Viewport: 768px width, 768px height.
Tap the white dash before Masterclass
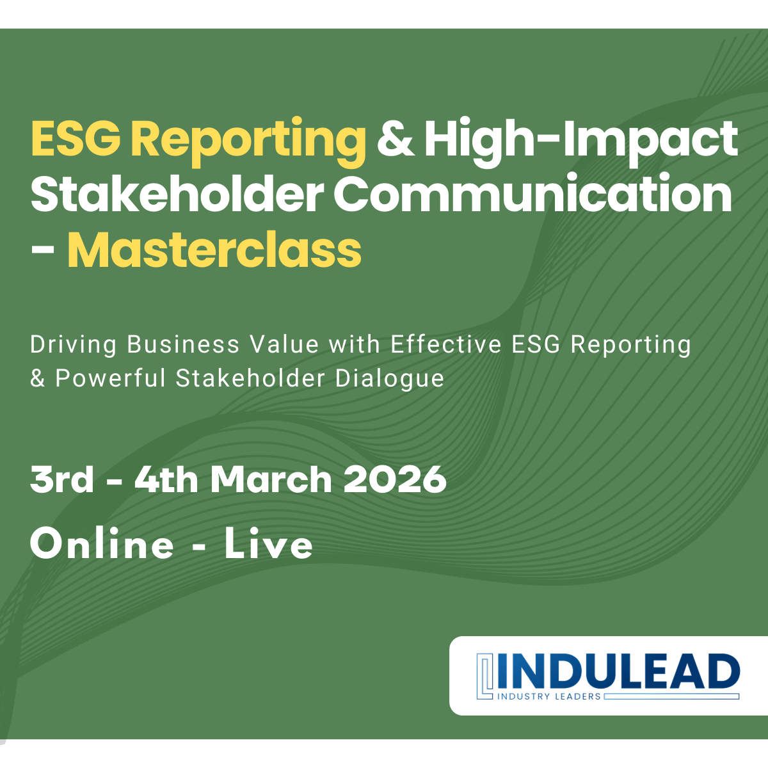point(43,250)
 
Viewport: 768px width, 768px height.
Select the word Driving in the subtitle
point(74,345)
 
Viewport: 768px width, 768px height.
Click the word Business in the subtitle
point(183,344)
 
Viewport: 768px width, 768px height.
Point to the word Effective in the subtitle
point(445,344)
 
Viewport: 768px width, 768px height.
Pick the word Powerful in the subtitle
point(110,378)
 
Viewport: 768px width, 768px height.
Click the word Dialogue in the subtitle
point(389,379)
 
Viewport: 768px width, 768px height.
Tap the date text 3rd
point(62,479)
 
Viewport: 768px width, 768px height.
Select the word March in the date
point(271,479)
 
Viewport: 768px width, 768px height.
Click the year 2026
point(395,479)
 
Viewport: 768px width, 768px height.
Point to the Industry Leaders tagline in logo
point(549,697)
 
